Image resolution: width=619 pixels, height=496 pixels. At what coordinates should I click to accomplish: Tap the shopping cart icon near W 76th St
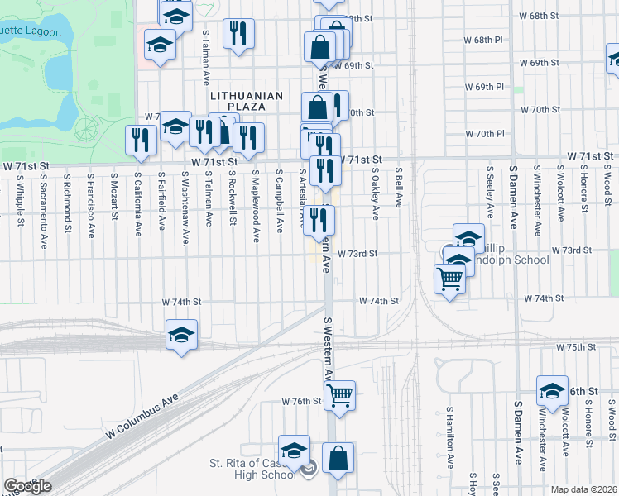(x=339, y=396)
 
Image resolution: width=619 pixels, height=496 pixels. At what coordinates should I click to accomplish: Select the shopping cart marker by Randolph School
(x=449, y=279)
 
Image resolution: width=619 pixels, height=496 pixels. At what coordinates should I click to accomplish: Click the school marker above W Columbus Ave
(x=181, y=335)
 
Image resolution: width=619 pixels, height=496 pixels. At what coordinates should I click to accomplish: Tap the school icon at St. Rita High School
(x=293, y=451)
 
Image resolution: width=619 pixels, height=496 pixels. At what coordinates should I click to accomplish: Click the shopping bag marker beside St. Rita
(x=338, y=458)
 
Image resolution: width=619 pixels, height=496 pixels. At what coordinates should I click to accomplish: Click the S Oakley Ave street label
(x=375, y=194)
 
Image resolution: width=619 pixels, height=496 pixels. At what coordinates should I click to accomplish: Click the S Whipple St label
(x=19, y=202)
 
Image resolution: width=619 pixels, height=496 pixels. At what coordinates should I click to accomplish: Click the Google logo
(x=28, y=486)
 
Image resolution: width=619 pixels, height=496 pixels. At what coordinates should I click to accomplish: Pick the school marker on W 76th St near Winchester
(x=552, y=389)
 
